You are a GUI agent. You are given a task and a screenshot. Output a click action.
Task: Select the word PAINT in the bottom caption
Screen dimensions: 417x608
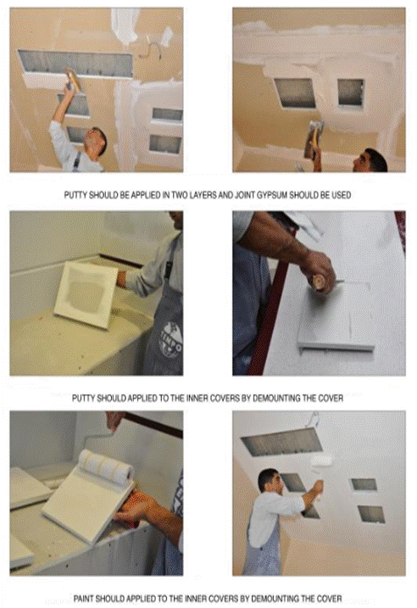pyautogui.click(x=84, y=599)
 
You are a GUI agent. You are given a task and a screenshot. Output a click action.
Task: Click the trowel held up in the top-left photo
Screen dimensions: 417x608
pyautogui.click(x=73, y=80)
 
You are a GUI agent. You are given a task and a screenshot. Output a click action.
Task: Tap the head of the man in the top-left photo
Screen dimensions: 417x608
pyautogui.click(x=97, y=141)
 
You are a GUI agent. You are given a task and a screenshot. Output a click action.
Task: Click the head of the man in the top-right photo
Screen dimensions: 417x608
pyautogui.click(x=370, y=160)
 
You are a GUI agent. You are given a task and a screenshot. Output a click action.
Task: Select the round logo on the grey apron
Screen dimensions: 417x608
pyautogui.click(x=170, y=342)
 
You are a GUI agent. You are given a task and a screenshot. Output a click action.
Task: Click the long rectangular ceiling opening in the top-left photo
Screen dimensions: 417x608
pyautogui.click(x=77, y=64)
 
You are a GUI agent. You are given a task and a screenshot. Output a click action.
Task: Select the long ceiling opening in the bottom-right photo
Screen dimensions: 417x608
pyautogui.click(x=282, y=442)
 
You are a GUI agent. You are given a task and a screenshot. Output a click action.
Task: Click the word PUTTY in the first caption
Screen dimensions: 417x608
pyautogui.click(x=75, y=195)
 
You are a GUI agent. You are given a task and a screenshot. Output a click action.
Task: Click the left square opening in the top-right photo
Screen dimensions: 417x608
pyautogui.click(x=295, y=93)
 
